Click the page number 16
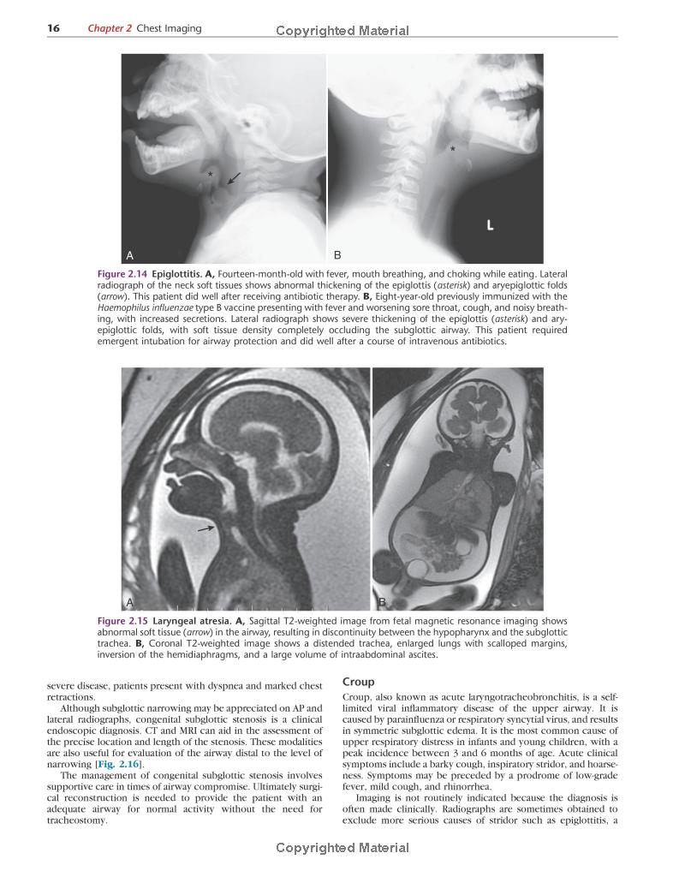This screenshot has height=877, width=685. [53, 28]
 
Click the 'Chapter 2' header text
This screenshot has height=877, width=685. [110, 28]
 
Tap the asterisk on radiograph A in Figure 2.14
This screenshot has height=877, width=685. [210, 174]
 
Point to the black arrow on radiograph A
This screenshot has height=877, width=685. [234, 178]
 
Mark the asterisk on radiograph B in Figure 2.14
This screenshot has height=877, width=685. [453, 150]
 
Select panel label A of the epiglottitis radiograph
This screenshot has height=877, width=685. [130, 255]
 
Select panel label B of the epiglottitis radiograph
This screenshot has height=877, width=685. [337, 255]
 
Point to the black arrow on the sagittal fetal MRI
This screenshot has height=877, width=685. [207, 529]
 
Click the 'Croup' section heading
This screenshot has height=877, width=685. [358, 682]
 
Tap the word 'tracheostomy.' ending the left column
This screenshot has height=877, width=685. [78, 820]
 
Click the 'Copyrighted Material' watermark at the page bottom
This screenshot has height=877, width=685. [342, 848]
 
